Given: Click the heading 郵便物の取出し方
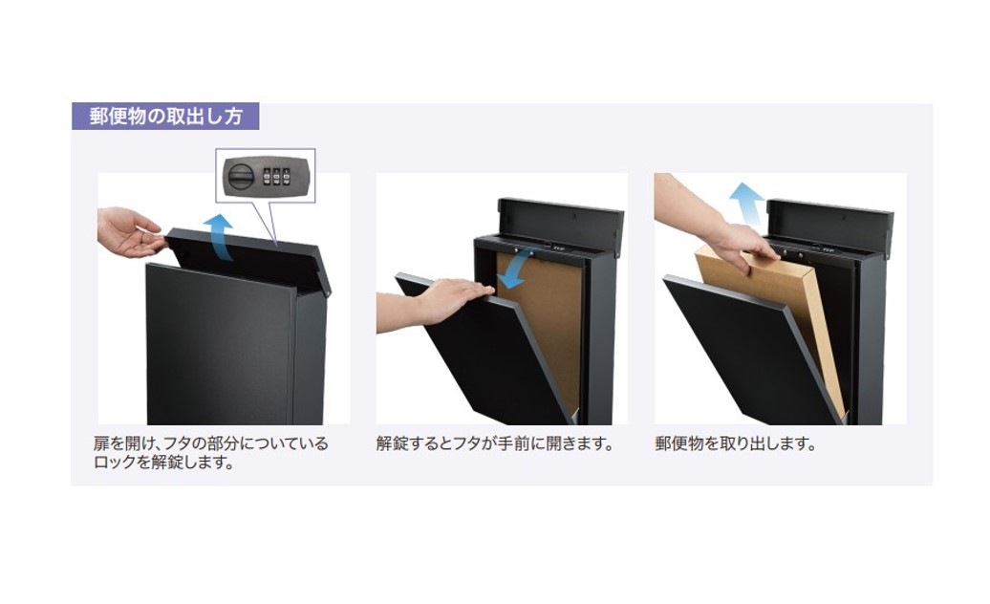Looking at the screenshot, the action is coord(165,117).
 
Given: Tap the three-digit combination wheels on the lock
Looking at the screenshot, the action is coord(276,176).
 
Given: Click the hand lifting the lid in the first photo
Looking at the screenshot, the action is coord(131,231).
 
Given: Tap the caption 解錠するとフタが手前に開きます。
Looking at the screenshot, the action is coord(495,443).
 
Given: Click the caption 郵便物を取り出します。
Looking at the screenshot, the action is coord(736,443).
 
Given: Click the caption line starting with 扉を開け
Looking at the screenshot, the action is coord(211,443).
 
